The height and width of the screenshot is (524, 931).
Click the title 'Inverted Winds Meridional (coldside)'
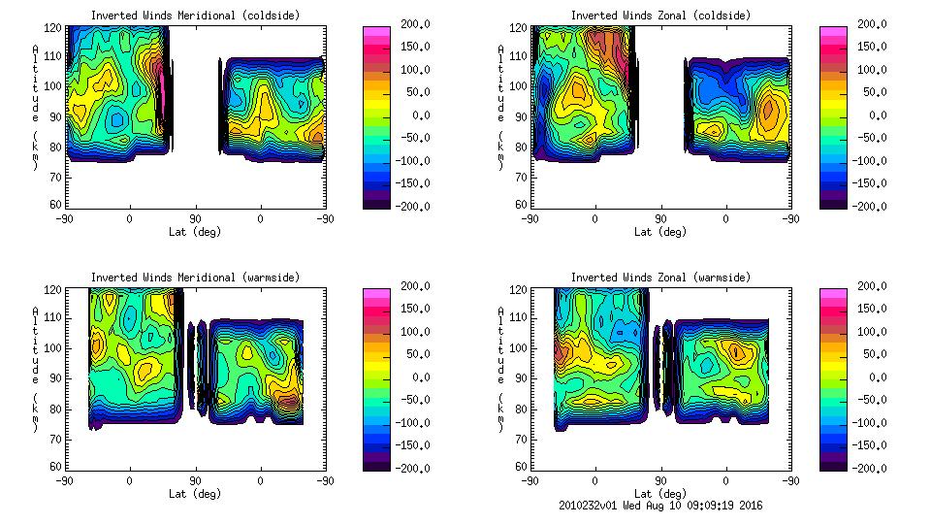pyautogui.click(x=195, y=16)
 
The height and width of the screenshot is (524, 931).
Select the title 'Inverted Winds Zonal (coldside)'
pyautogui.click(x=660, y=16)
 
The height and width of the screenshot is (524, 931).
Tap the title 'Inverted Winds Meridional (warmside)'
pyautogui.click(x=195, y=278)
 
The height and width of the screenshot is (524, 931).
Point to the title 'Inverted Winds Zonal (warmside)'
pyautogui.click(x=660, y=278)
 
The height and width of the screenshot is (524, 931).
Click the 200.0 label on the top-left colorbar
pyautogui.click(x=409, y=23)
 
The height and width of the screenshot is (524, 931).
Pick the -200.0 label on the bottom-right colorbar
pyautogui.click(x=866, y=469)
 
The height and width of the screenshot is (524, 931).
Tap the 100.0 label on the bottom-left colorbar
pyautogui.click(x=409, y=332)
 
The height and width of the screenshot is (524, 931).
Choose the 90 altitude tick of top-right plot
pyautogui.click(x=521, y=116)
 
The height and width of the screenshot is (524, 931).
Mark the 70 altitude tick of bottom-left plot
pyautogui.click(x=55, y=438)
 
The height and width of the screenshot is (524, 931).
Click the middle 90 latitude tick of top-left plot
pyautogui.click(x=195, y=219)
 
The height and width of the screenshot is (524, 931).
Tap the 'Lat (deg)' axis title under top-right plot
pyautogui.click(x=660, y=232)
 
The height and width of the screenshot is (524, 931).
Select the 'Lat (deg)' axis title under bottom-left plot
pyautogui.click(x=195, y=494)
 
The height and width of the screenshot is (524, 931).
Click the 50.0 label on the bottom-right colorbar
pyautogui.click(x=869, y=355)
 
